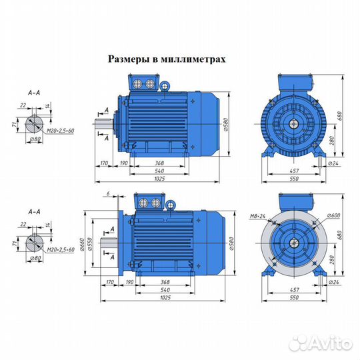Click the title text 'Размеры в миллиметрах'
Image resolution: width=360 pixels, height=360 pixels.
(167, 59)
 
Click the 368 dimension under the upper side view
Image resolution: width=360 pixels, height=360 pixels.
(159, 163)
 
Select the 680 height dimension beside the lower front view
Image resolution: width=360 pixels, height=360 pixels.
(346, 235)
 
